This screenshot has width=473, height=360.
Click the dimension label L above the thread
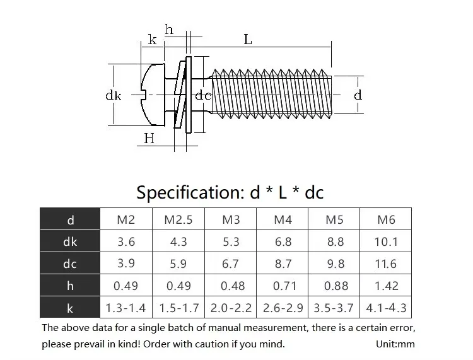click(248, 40)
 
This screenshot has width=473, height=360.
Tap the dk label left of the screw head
click(114, 95)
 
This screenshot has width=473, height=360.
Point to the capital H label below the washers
click(149, 139)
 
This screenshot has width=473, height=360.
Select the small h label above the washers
click(169, 30)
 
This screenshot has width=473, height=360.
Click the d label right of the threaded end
click(358, 95)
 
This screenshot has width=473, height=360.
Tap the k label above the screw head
click(153, 40)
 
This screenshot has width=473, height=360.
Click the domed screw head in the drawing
click(153, 95)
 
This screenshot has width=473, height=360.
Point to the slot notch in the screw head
click(144, 95)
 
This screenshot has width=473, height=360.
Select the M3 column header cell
click(231, 219)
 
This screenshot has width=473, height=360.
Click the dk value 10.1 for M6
click(386, 241)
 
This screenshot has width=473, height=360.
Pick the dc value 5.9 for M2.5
click(178, 264)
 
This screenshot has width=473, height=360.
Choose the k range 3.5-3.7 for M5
click(334, 308)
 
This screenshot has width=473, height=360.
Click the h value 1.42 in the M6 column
click(386, 286)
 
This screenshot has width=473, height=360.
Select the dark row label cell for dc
click(70, 263)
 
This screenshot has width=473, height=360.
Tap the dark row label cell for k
click(70, 307)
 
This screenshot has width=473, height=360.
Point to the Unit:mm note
click(395, 344)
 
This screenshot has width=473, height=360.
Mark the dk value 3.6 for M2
click(126, 241)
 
